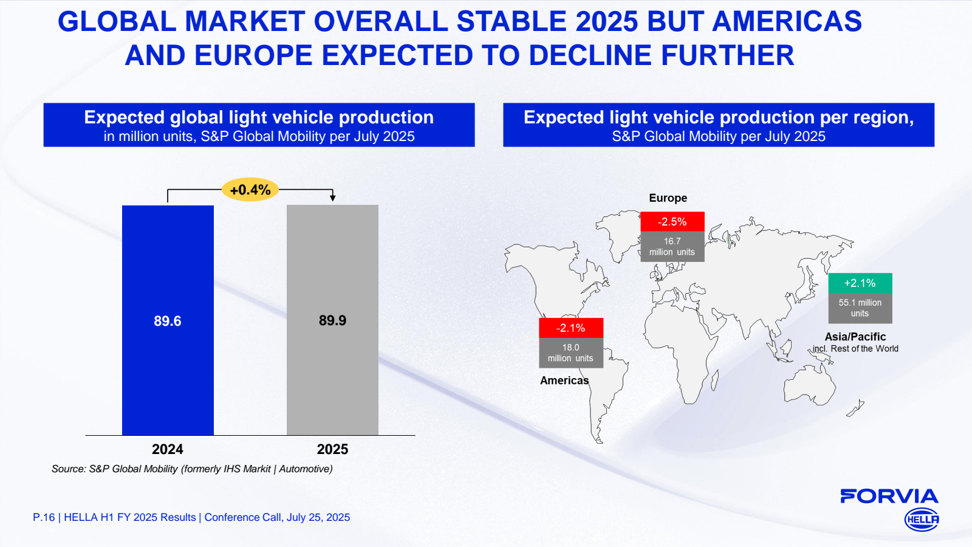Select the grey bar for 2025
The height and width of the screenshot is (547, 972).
pos(332,377)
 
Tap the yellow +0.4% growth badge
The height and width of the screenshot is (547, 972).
pos(250,190)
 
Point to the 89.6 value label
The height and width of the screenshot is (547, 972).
pos(168,321)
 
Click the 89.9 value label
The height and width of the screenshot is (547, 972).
pos(332,320)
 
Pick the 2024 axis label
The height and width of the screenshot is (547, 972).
pos(168,449)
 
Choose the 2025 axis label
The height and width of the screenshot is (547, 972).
pos(332,449)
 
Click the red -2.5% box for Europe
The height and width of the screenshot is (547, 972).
pos(672,222)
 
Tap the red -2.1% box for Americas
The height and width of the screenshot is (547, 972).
pos(570,328)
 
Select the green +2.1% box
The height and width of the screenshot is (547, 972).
pos(860,283)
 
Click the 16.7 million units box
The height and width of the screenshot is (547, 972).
pos(672,247)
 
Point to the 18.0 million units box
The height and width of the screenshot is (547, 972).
pos(570,353)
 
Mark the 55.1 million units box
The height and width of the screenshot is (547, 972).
pos(860,308)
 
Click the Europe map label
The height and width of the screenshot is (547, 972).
pos(668,198)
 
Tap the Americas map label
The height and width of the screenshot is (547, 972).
pos(564,380)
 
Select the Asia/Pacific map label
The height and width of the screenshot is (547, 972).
pos(855,337)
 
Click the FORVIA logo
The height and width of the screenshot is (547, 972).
pos(889,497)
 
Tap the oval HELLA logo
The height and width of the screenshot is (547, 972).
pos(922,520)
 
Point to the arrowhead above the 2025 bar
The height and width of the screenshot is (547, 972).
pos(332,198)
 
